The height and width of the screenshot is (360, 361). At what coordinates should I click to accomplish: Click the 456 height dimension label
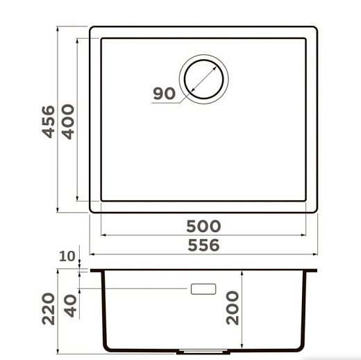pyautogui.click(x=49, y=122)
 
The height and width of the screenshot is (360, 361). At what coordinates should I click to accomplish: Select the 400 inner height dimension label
pyautogui.click(x=68, y=122)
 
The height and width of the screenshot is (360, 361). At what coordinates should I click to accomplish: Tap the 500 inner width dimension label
pyautogui.click(x=203, y=227)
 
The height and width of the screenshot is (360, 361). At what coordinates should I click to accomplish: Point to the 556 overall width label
pyautogui.click(x=203, y=245)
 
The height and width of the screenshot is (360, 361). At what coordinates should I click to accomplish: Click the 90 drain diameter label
pyautogui.click(x=164, y=94)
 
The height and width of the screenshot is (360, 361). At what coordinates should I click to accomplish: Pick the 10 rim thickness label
pyautogui.click(x=67, y=256)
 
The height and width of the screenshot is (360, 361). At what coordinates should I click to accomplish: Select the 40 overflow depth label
pyautogui.click(x=70, y=306)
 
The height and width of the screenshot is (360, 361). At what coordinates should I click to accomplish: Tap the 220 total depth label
pyautogui.click(x=49, y=309)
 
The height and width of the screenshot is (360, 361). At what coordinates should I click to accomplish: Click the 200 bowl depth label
pyautogui.click(x=233, y=308)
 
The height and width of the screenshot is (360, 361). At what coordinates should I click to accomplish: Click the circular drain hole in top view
pyautogui.click(x=203, y=79)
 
